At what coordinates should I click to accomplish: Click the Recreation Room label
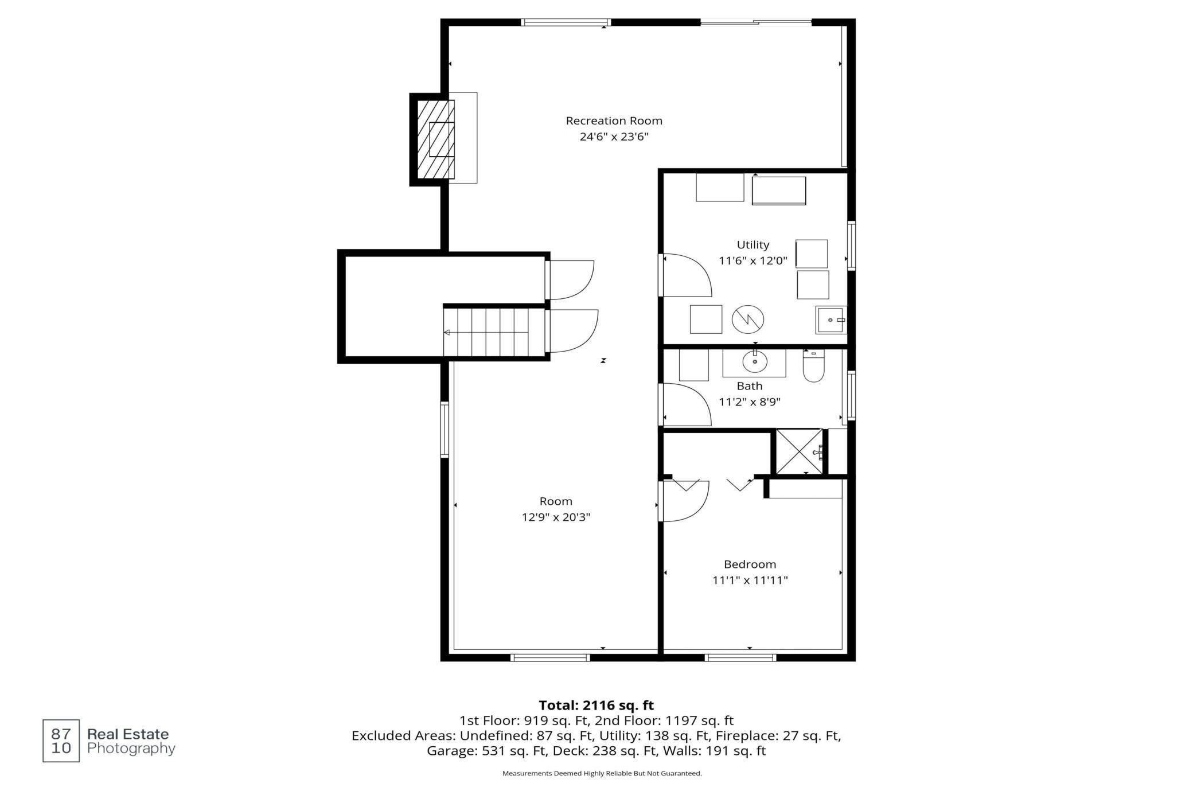(614, 120)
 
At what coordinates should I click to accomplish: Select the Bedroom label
(750, 564)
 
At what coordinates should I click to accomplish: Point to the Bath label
(750, 386)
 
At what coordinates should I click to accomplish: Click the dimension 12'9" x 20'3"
(556, 517)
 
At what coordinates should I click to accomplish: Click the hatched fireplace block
(435, 139)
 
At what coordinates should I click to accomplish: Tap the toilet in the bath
(813, 366)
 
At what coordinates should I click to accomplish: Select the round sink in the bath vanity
(755, 362)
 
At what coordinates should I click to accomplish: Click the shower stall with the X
(799, 451)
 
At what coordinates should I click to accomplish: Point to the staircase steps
(486, 332)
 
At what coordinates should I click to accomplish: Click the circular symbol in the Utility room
(748, 319)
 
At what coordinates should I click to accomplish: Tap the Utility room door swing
(687, 275)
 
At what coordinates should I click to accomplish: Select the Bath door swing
(687, 405)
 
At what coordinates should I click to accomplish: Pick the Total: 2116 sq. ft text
(596, 705)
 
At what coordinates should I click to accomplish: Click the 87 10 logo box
(61, 741)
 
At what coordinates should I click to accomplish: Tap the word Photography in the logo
(131, 749)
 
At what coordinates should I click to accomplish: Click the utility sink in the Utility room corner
(831, 319)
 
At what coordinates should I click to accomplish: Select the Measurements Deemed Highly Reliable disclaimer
(602, 773)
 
